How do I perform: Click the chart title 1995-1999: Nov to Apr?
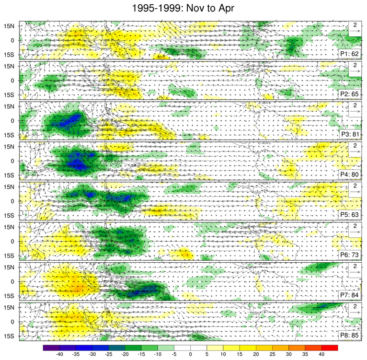click(x=183, y=8)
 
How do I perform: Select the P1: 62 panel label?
click(x=349, y=54)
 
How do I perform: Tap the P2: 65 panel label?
click(x=349, y=94)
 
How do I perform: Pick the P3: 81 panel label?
click(x=349, y=134)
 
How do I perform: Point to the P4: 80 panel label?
click(x=349, y=174)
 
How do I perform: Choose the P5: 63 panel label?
click(x=349, y=214)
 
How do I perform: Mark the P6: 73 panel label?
click(x=349, y=255)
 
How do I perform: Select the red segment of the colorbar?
click(x=330, y=347)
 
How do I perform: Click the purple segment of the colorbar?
click(x=51, y=347)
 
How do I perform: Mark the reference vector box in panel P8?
click(x=354, y=310)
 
